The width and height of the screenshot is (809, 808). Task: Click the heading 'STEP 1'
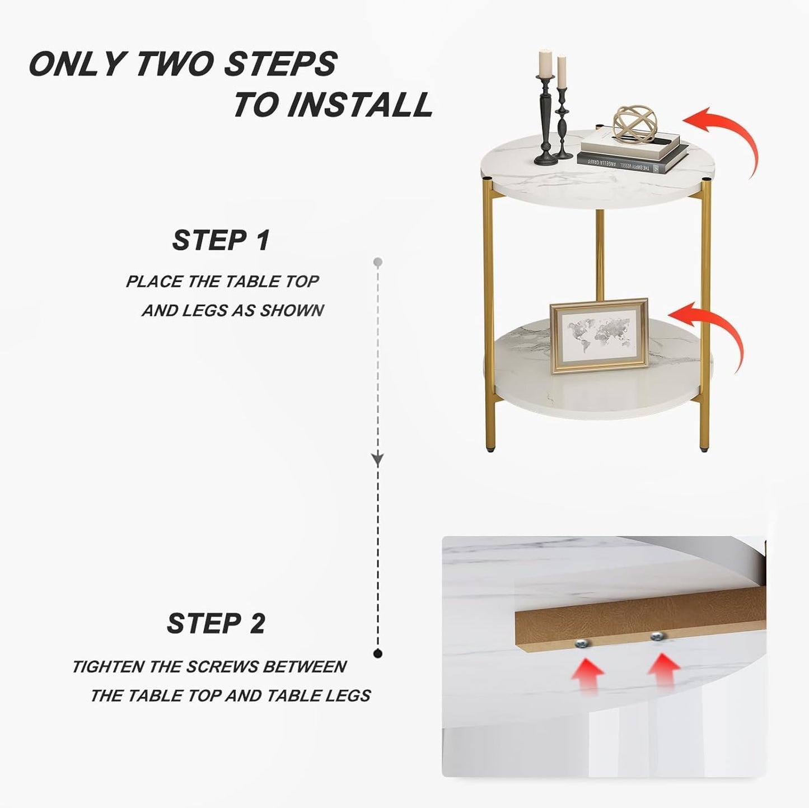click(x=221, y=241)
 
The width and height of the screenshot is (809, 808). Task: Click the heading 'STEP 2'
click(x=216, y=623)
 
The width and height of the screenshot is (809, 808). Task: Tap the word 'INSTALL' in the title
click(x=360, y=105)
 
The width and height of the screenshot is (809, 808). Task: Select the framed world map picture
click(x=599, y=335)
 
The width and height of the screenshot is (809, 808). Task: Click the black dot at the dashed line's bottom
click(x=378, y=653)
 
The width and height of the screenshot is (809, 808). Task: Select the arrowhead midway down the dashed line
click(x=378, y=459)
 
